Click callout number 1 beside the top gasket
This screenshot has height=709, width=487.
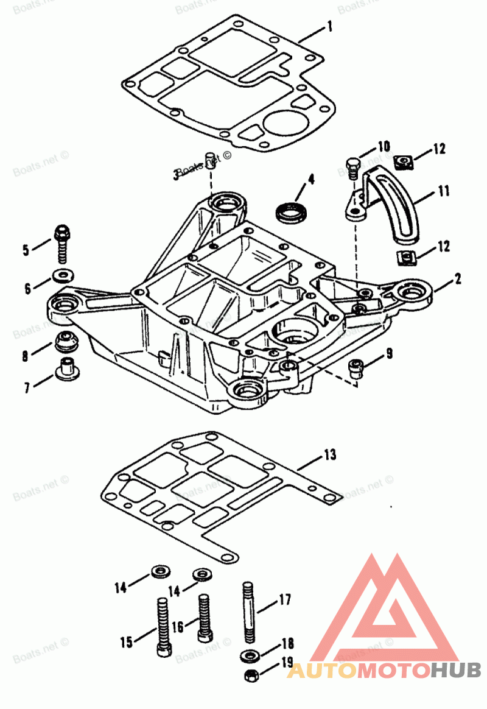[x=329, y=27]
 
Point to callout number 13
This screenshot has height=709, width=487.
[x=329, y=455]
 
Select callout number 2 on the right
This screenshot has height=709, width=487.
[x=457, y=280]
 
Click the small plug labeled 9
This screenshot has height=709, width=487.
[x=355, y=367]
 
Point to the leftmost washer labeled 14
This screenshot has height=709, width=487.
[x=160, y=572]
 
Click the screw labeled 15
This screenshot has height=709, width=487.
[x=163, y=627]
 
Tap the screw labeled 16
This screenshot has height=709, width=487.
[x=204, y=616]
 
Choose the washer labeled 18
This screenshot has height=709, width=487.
[x=249, y=656]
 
